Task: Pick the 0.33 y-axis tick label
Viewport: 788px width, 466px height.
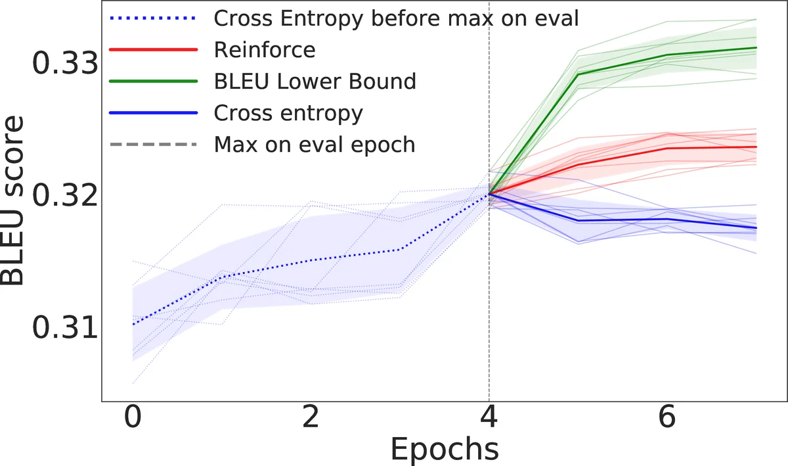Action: [64, 63]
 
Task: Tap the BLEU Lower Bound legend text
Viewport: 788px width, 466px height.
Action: [315, 82]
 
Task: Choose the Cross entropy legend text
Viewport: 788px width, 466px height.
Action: [288, 113]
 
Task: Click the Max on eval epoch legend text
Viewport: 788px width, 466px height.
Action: [315, 145]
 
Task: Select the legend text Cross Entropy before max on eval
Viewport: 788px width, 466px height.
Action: [396, 18]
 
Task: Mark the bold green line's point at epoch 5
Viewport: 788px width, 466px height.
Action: [578, 74]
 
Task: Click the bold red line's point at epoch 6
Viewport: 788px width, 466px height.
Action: [667, 149]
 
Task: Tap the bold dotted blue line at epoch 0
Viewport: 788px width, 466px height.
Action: [133, 324]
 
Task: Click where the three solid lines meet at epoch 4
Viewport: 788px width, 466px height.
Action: [489, 194]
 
